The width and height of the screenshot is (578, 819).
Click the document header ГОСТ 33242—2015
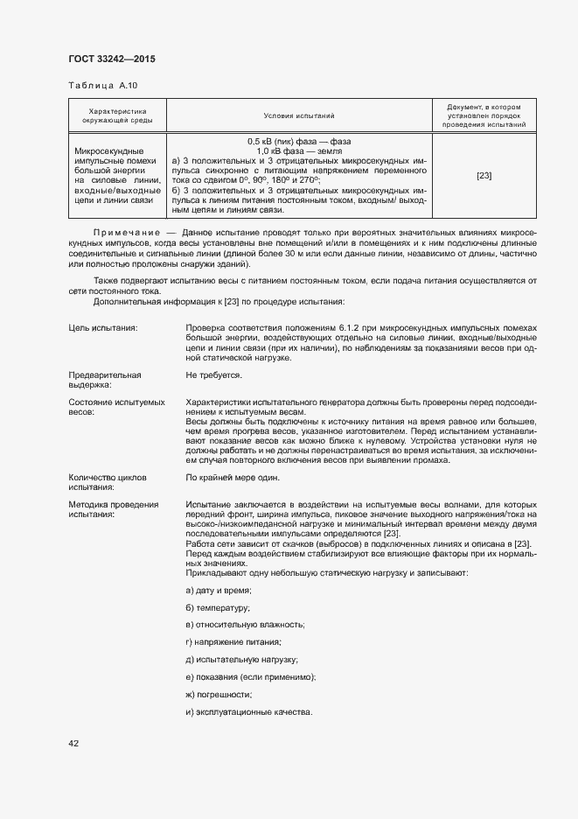click(x=111, y=59)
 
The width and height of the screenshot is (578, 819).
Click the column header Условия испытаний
click(x=299, y=115)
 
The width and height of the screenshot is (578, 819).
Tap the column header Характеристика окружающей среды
click(x=117, y=115)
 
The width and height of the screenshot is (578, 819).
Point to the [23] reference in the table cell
click(x=484, y=176)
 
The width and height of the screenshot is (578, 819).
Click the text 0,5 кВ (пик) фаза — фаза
click(x=299, y=142)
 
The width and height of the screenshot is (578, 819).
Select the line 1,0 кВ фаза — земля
click(x=299, y=150)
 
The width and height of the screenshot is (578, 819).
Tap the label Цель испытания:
click(x=102, y=327)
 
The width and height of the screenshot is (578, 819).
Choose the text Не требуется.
click(x=213, y=374)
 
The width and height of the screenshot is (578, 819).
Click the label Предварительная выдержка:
click(x=105, y=379)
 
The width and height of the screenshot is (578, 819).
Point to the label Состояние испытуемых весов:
click(x=116, y=406)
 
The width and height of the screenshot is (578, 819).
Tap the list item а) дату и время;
click(x=212, y=591)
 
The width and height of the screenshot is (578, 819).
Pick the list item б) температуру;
click(x=218, y=608)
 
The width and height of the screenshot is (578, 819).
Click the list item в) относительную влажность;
click(x=245, y=625)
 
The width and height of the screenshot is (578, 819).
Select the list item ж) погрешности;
click(x=219, y=694)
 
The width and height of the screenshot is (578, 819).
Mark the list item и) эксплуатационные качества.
click(x=248, y=711)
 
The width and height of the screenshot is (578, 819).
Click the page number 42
click(x=73, y=743)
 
